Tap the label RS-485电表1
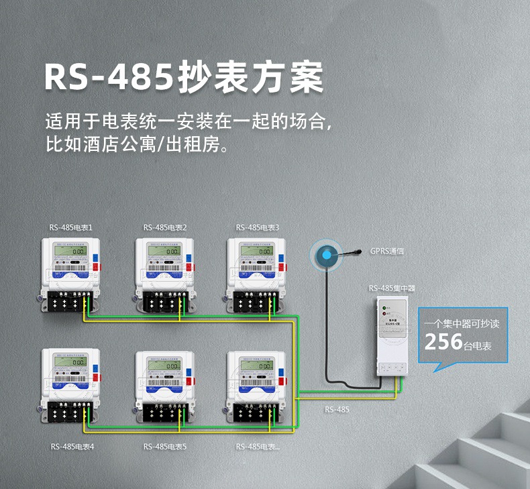[x=70, y=227]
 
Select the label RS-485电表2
[x=164, y=227]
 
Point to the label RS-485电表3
[x=258, y=227]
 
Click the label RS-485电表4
[x=72, y=446]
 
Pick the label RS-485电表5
[x=164, y=446]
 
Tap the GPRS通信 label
[x=387, y=251]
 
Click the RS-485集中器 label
[x=392, y=288]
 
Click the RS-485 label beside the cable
[x=337, y=409]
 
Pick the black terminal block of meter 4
[x=67, y=413]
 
